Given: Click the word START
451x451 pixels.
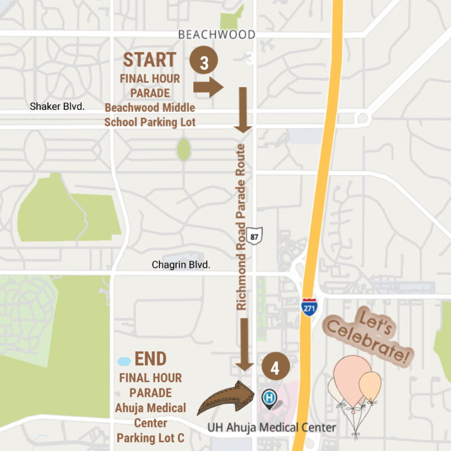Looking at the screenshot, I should click(150, 59).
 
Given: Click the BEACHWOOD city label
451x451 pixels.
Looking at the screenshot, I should click(216, 35).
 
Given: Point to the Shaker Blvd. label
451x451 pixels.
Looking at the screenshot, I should click(57, 106).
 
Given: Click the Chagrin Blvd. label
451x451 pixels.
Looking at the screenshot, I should click(181, 264).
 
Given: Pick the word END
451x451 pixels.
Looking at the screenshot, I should click(151, 359).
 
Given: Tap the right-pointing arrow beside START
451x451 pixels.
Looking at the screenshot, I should click(209, 86).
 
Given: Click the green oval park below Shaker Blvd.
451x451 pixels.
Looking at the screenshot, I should click(184, 149).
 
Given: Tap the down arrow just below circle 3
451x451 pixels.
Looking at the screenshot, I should click(243, 109).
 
